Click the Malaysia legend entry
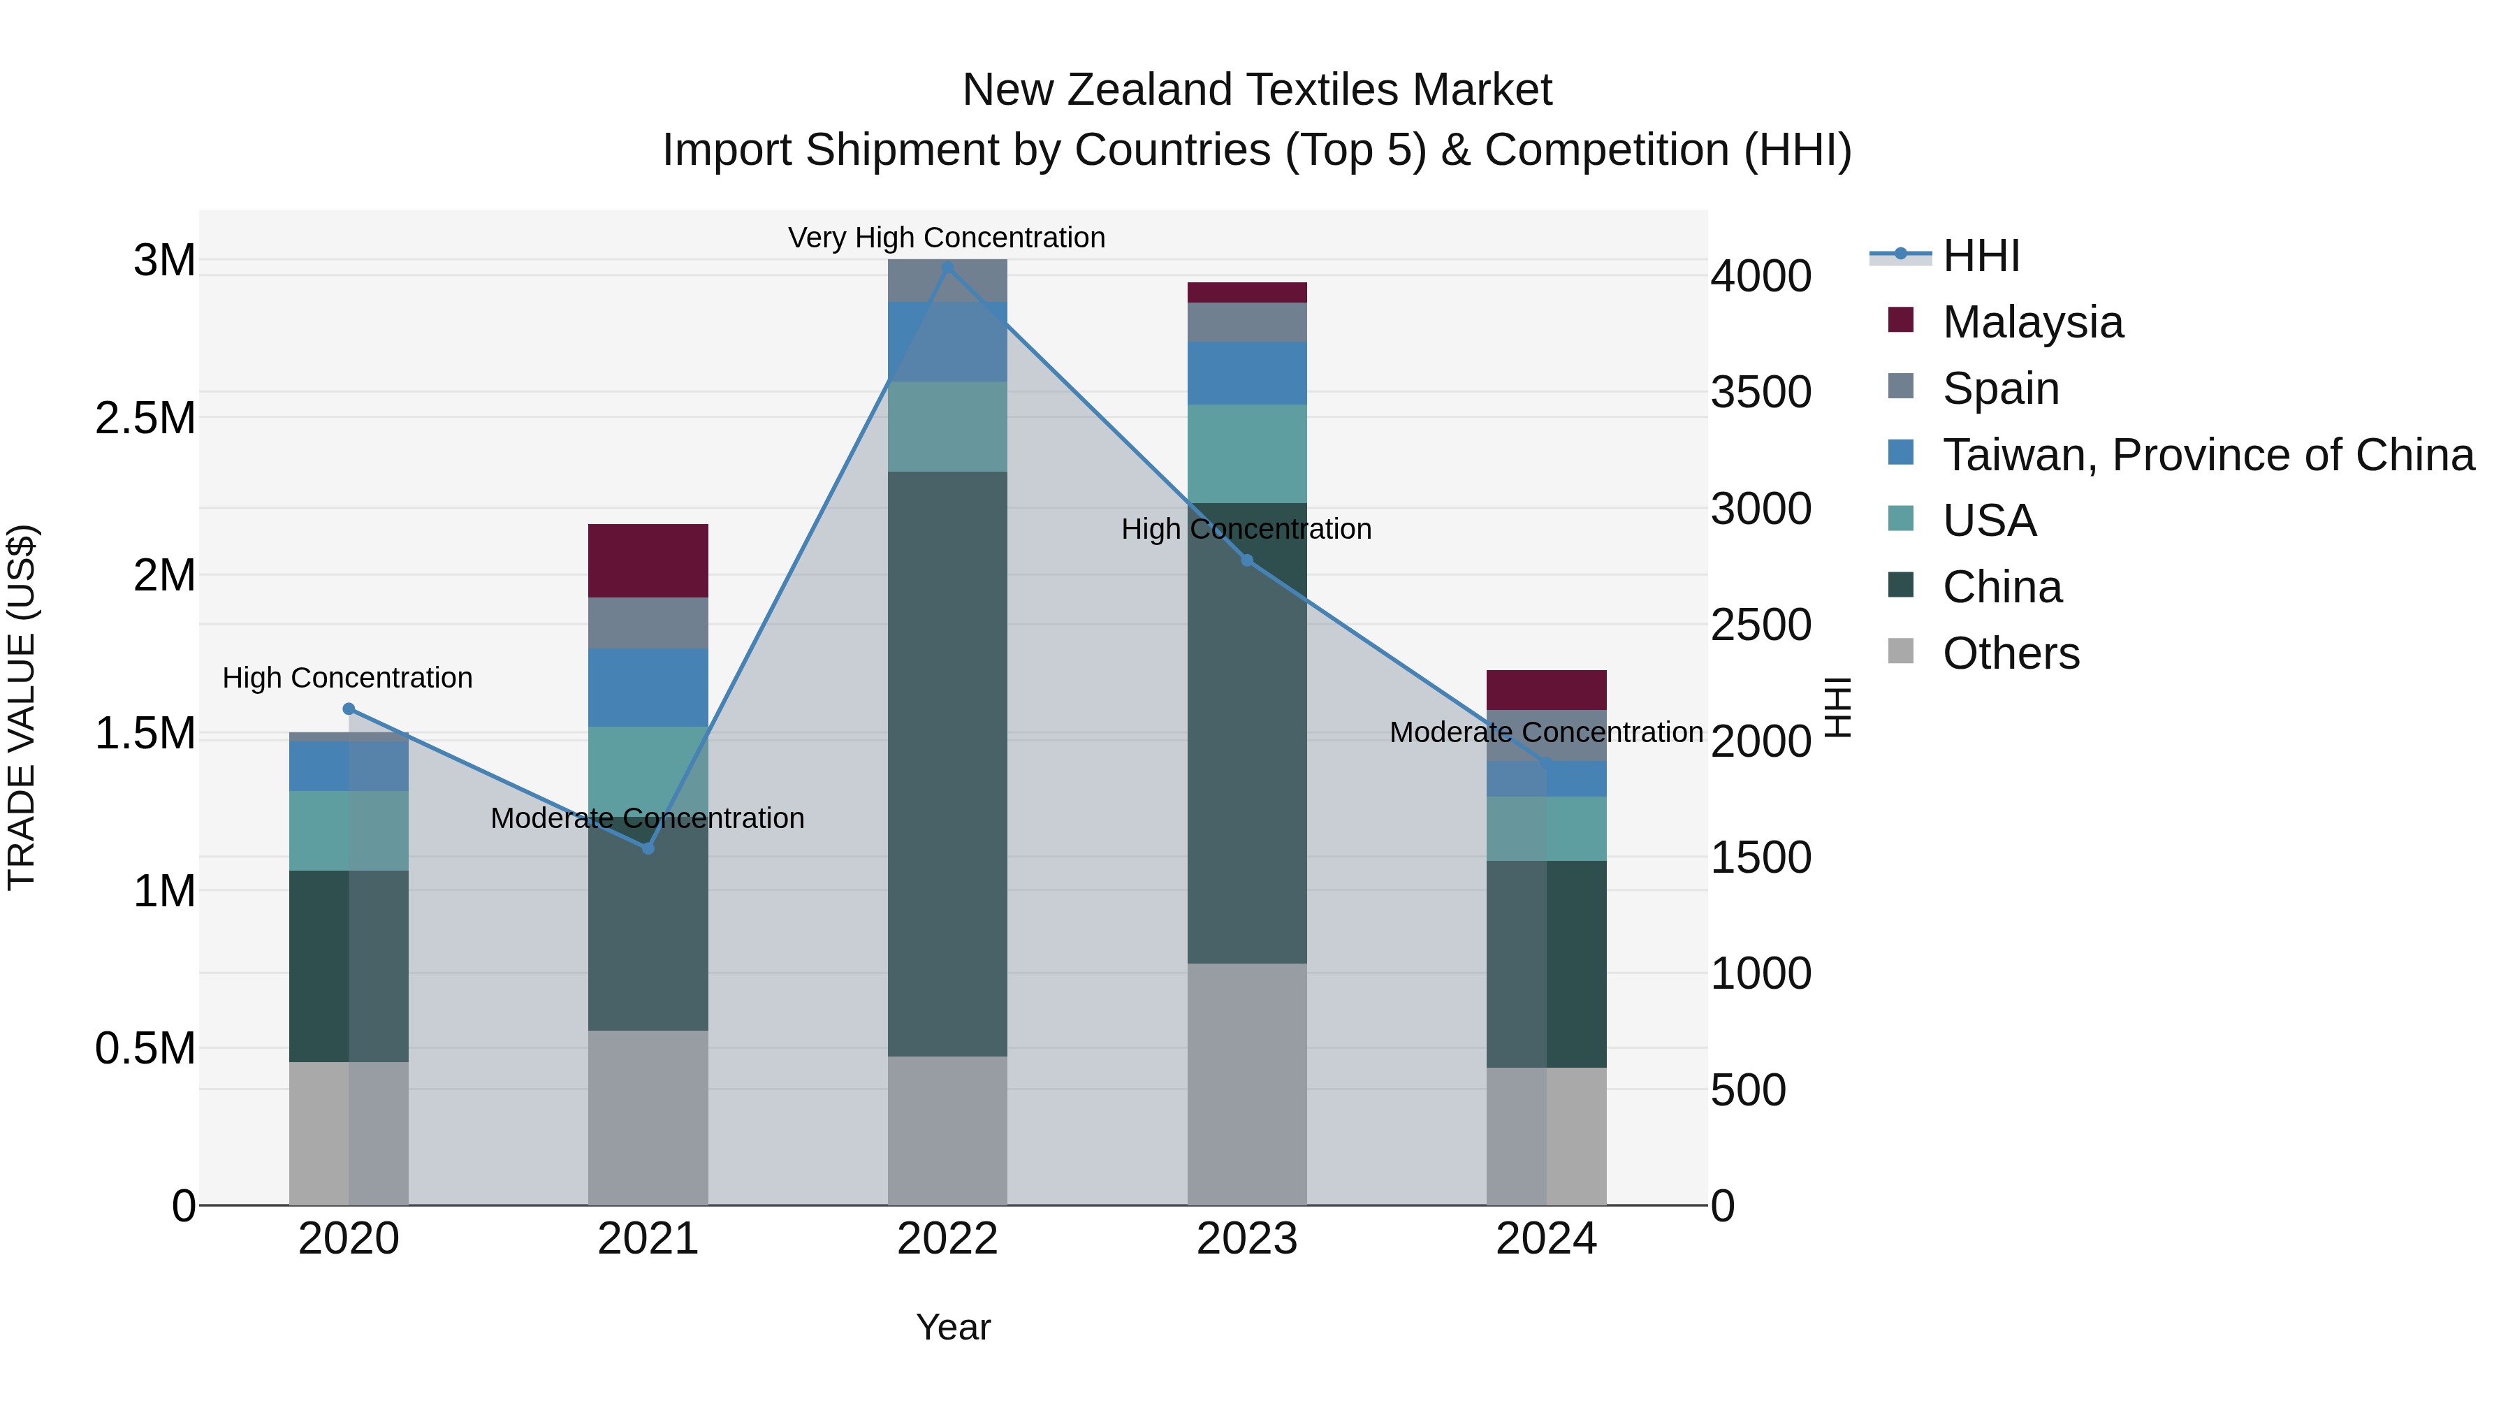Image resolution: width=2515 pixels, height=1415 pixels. tap(2032, 322)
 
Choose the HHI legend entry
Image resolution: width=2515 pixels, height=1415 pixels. tap(1980, 256)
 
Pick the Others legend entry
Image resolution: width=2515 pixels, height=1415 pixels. tap(2010, 653)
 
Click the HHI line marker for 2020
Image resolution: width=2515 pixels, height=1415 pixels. tap(349, 709)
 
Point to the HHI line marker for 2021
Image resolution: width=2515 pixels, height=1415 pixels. tap(648, 848)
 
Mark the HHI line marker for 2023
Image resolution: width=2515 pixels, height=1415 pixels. tap(1247, 560)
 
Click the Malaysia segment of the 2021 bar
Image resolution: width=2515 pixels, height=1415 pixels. tap(648, 560)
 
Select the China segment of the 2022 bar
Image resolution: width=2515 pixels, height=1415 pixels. tap(947, 764)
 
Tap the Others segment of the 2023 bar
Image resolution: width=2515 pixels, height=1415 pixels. tap(1247, 1084)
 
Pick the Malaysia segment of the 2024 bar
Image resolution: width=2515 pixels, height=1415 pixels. tap(1547, 690)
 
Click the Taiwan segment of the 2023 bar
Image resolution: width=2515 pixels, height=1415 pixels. tap(1247, 373)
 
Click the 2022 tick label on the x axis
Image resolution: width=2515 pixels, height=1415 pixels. tap(947, 1239)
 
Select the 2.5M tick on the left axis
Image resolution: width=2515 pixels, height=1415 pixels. tap(145, 418)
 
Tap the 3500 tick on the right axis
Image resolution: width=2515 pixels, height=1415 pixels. tap(1761, 393)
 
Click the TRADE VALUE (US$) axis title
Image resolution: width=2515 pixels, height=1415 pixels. tap(22, 707)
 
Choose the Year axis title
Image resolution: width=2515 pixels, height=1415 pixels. tap(953, 1327)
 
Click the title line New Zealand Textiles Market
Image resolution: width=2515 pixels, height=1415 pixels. tap(1257, 90)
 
